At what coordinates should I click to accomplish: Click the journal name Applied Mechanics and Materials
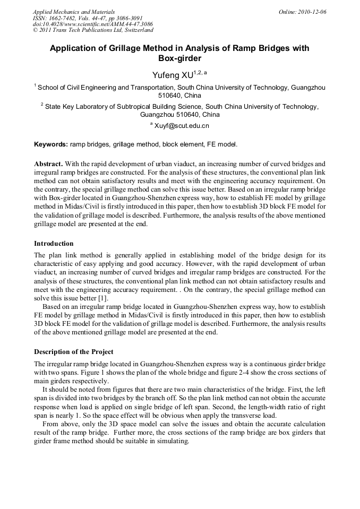pos(74,12)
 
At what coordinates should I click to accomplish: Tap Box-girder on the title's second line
pos(180,58)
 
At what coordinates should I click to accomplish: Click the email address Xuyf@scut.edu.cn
pos(182,126)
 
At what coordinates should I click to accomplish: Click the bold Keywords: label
pos(51,144)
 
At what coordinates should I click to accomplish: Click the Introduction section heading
pos(54,244)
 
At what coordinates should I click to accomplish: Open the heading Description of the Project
pos(74,351)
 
